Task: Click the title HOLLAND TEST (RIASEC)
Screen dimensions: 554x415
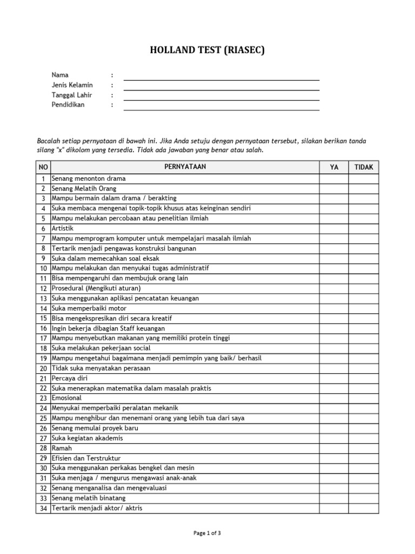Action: [207, 51]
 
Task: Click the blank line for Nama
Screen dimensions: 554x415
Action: [222, 76]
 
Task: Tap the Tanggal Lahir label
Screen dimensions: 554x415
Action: [72, 95]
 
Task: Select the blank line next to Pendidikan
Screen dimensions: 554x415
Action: [222, 106]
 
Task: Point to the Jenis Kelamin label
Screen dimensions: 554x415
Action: [72, 85]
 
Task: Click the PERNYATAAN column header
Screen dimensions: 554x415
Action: [185, 167]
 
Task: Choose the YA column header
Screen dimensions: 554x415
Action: [334, 167]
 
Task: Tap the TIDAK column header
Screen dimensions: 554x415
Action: [364, 167]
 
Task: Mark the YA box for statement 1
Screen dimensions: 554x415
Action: [334, 179]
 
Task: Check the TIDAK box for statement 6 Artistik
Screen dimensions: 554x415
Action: [364, 228]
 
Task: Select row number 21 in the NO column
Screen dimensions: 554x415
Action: [43, 378]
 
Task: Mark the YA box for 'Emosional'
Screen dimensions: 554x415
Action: [334, 398]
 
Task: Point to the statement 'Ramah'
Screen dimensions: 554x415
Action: [62, 448]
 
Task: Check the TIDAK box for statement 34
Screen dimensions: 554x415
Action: [364, 508]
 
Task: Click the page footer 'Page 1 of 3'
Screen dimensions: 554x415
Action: [207, 533]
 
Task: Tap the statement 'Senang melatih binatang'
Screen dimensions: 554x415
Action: [89, 498]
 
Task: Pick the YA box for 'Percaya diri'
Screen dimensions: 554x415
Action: [334, 378]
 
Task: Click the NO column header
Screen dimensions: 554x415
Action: [43, 167]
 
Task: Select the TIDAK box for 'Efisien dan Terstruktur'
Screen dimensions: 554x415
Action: [364, 458]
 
